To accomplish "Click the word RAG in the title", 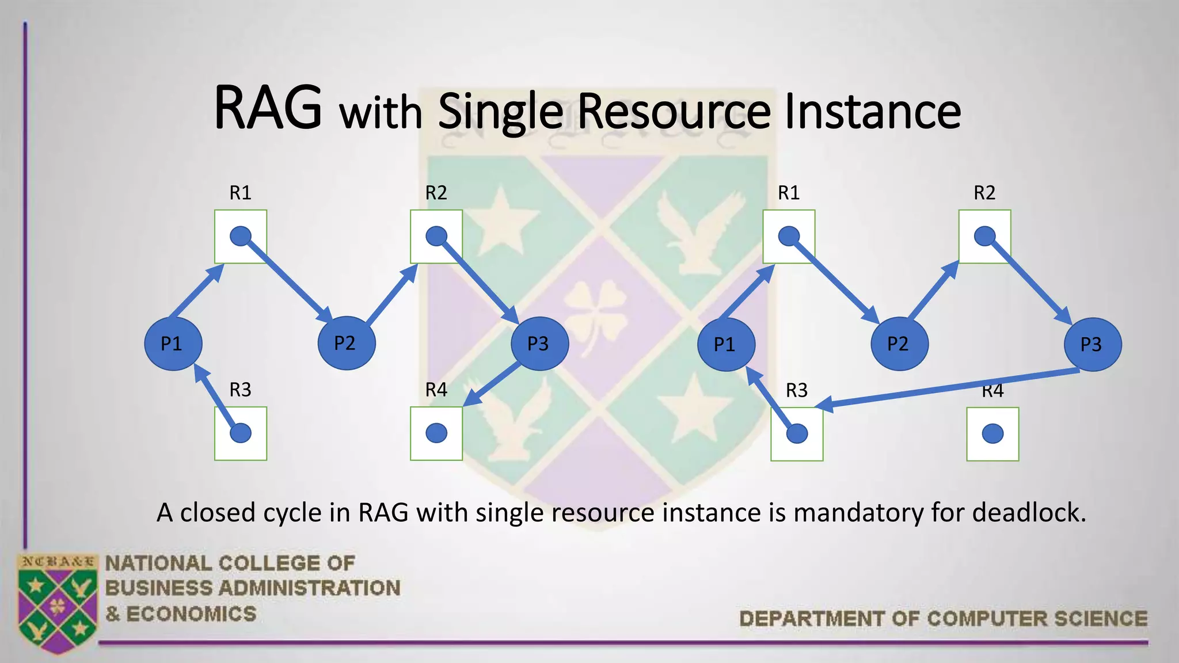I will point(268,108).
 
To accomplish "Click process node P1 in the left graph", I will point(173,344).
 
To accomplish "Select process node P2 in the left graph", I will point(347,343).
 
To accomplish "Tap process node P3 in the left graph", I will point(539,344).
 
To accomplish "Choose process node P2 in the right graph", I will point(899,344).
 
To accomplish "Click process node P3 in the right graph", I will point(1092,344).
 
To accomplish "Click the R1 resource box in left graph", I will point(241,237).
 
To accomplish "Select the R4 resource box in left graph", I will point(436,433).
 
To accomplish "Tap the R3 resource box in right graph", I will point(797,434).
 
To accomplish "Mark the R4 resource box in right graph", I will point(992,434).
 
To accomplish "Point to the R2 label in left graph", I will point(436,193).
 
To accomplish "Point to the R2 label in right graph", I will point(984,193).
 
